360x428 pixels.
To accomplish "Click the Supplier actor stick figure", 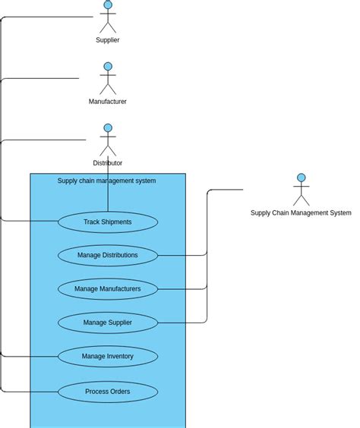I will tap(108, 18).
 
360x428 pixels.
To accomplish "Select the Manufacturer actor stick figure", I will tap(108, 80).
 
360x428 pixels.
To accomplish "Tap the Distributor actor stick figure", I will tap(108, 141).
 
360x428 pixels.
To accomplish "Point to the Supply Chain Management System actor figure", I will tap(302, 190).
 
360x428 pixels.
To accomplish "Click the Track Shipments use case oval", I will tap(108, 222).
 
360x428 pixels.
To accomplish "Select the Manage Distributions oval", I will tap(108, 256).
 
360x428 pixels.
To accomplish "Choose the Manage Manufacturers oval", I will tap(108, 289).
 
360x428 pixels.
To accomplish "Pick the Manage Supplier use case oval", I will tap(108, 323).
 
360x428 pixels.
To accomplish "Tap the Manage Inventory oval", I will tap(108, 357).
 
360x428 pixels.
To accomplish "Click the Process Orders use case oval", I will tap(108, 392).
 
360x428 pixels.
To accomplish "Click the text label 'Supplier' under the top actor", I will tap(108, 40).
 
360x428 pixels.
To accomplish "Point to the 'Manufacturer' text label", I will tap(108, 102).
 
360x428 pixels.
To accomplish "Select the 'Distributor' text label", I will tap(108, 163).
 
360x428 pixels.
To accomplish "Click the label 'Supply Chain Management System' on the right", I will tap(301, 213).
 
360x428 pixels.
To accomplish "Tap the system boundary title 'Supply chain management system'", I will tap(106, 181).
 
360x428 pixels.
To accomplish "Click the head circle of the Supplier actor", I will tap(108, 5).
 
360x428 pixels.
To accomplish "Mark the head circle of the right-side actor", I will tap(302, 178).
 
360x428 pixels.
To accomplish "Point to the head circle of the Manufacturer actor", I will tap(108, 67).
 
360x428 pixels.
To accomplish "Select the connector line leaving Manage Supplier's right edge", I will tap(182, 323).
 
